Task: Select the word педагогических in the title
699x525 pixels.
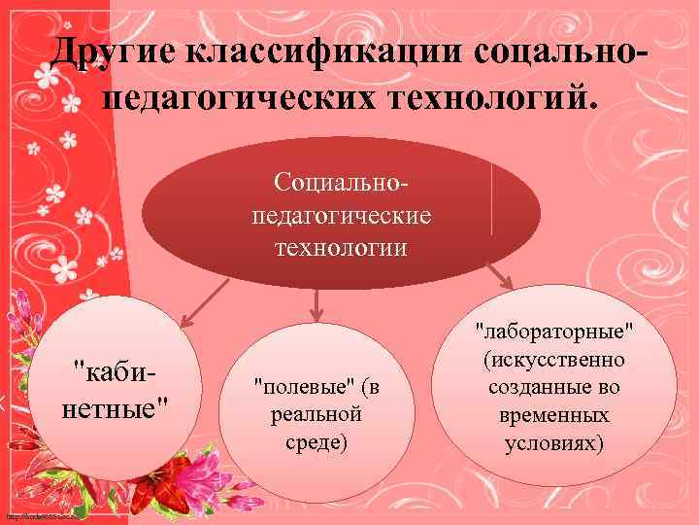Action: (237, 95)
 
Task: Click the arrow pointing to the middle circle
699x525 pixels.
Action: (316, 304)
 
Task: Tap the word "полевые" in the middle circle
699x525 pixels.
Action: (293, 387)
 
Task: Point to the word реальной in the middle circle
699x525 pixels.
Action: (316, 414)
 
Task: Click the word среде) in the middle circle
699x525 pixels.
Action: (316, 442)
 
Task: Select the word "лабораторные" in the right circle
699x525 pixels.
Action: (554, 333)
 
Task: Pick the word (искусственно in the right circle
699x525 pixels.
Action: (554, 361)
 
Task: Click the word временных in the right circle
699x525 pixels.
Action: (554, 415)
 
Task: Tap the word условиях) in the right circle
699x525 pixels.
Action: (554, 442)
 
